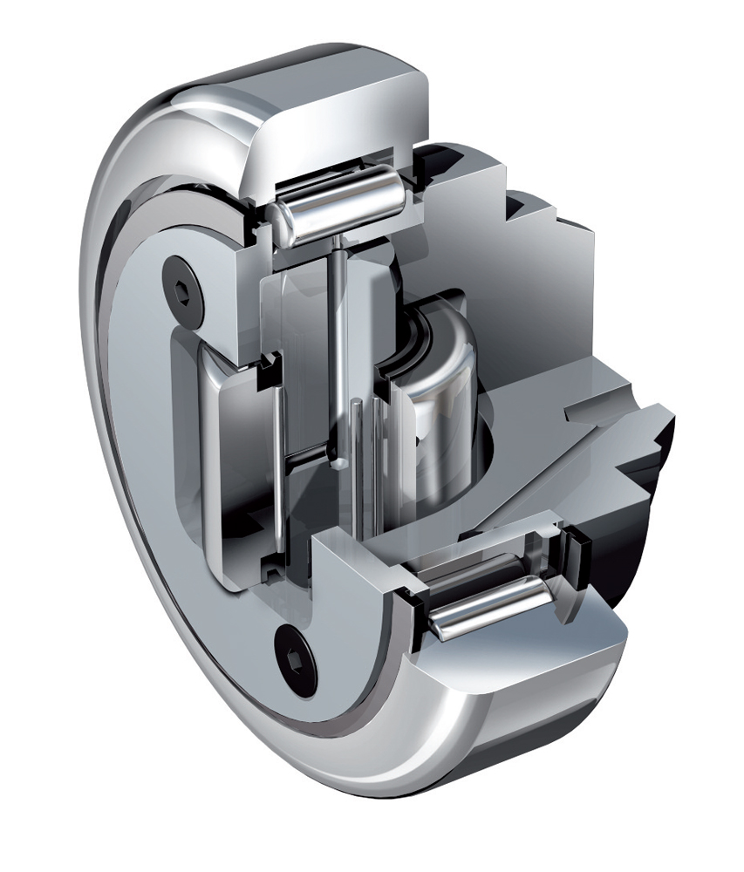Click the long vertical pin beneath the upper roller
337,349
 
